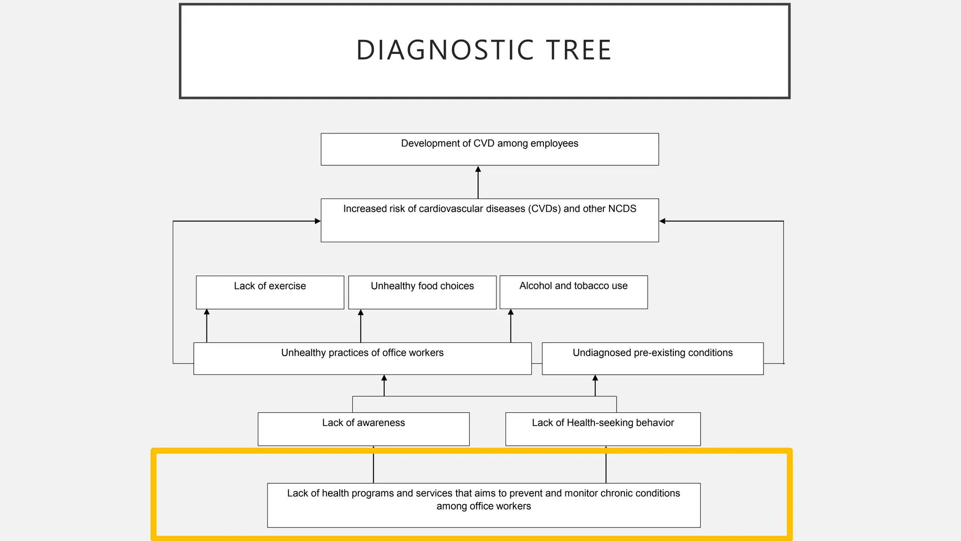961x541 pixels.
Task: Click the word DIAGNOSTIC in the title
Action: click(445, 50)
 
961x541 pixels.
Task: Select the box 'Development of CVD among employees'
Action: click(489, 149)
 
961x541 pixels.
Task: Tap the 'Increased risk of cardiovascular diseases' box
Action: click(489, 220)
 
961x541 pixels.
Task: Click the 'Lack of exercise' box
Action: click(270, 292)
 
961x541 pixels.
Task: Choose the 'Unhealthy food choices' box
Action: click(422, 292)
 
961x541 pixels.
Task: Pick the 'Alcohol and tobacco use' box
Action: click(573, 292)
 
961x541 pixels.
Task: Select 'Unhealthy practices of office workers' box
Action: click(362, 358)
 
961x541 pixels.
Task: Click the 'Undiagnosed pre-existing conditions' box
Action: click(652, 358)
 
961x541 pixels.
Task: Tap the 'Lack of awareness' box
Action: click(363, 429)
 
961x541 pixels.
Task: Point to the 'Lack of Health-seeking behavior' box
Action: click(603, 429)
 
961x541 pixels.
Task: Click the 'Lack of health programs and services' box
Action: click(483, 505)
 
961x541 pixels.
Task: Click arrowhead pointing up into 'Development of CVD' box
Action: click(478, 169)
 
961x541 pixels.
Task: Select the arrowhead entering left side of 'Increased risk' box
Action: click(318, 221)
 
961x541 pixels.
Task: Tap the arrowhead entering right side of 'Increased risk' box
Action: click(662, 221)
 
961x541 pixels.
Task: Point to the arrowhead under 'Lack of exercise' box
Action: click(206, 312)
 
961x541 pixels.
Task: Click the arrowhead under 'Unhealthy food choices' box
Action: click(360, 312)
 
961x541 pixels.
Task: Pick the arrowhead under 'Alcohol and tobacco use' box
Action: click(511, 312)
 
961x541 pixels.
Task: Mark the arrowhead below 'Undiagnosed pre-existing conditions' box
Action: click(595, 378)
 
